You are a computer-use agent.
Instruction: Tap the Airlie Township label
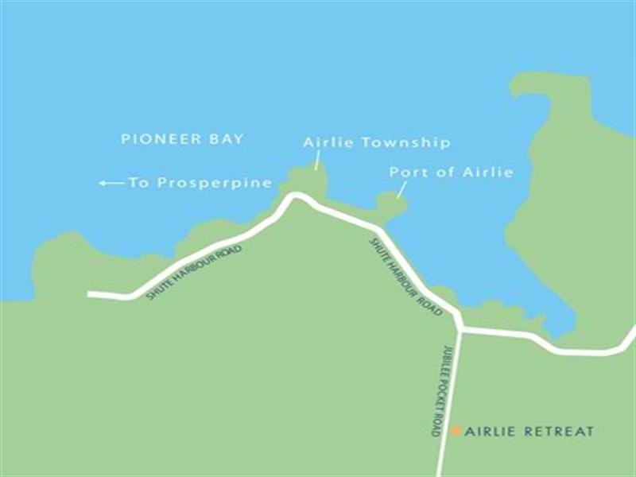point(377,143)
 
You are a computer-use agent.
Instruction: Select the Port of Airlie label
point(451,172)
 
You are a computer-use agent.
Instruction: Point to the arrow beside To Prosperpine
point(111,184)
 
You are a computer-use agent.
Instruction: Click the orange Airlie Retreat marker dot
point(456,431)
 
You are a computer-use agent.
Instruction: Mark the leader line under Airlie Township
point(316,161)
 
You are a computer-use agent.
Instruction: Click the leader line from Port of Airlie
point(401,188)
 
